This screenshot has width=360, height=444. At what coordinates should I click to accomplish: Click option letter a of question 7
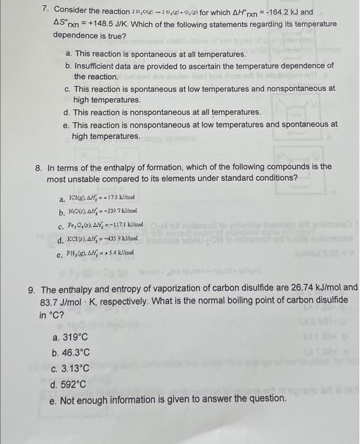tap(68, 55)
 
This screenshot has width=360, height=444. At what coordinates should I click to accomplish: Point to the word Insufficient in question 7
tap(98, 66)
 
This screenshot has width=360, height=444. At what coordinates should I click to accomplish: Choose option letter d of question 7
tap(68, 112)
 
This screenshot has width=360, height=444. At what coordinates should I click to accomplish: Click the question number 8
tap(39, 167)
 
